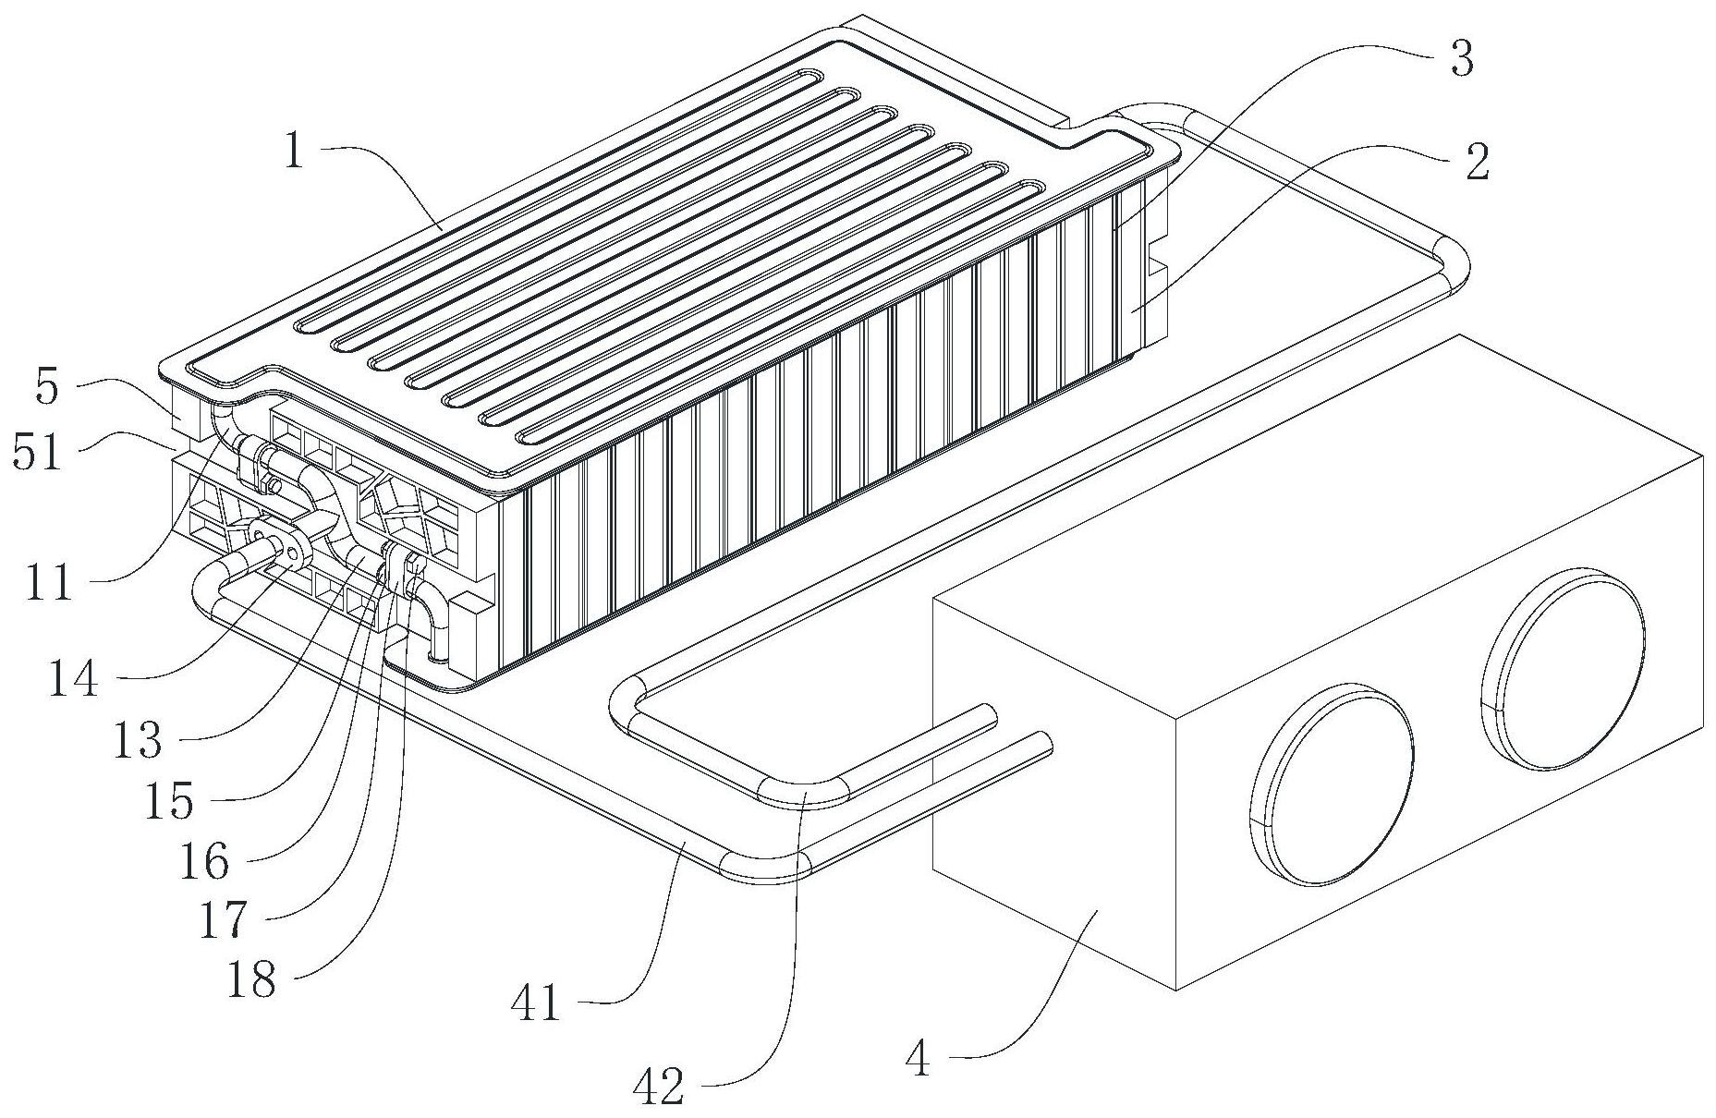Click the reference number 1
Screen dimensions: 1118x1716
click(294, 151)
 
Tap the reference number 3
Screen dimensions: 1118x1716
click(1460, 59)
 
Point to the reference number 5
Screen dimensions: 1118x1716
click(47, 388)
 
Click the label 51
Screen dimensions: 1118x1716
click(37, 454)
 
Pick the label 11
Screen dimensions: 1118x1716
click(48, 583)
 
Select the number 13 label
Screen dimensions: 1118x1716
click(137, 740)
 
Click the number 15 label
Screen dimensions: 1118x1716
click(168, 801)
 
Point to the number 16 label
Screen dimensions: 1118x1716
click(203, 861)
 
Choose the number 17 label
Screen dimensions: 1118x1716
click(224, 919)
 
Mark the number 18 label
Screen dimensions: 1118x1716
click(251, 979)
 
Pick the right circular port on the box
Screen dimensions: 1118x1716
click(1564, 672)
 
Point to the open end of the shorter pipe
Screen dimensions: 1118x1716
click(989, 716)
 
